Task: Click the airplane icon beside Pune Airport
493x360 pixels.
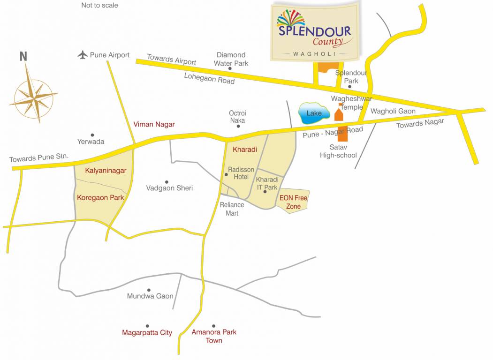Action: (83, 55)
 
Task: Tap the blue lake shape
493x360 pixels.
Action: (314, 114)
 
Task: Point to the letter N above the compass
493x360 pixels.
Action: (23, 57)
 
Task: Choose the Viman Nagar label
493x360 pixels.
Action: (154, 124)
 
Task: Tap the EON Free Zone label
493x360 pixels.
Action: (293, 202)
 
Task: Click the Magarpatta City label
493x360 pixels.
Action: (147, 333)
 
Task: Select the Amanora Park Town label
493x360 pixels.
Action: (214, 336)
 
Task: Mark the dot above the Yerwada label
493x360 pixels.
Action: (92, 135)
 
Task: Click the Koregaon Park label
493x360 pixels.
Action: (100, 197)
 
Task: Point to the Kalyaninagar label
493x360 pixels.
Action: (106, 171)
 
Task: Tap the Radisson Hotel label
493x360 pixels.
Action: (241, 173)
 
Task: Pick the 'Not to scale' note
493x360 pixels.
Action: (99, 5)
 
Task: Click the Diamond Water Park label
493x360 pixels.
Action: (231, 59)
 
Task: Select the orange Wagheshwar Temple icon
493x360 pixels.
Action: (339, 114)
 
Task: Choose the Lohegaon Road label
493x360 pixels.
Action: (209, 78)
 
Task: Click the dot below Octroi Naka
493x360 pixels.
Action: (238, 126)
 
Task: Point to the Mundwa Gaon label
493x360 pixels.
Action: (150, 296)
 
